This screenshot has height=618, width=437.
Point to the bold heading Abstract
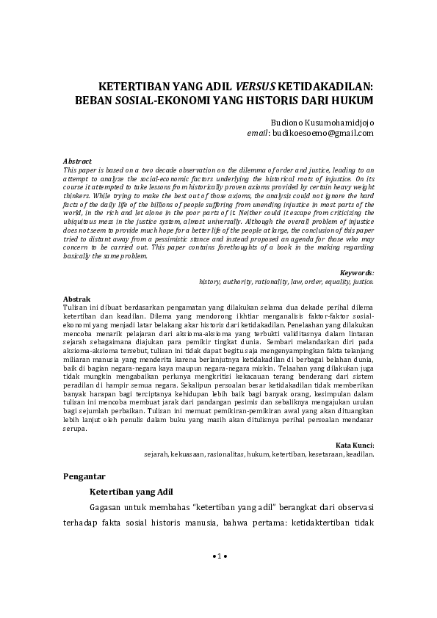pos(78,161)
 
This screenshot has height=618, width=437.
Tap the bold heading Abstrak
pos(77,299)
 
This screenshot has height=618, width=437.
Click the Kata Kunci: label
pos(355,445)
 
